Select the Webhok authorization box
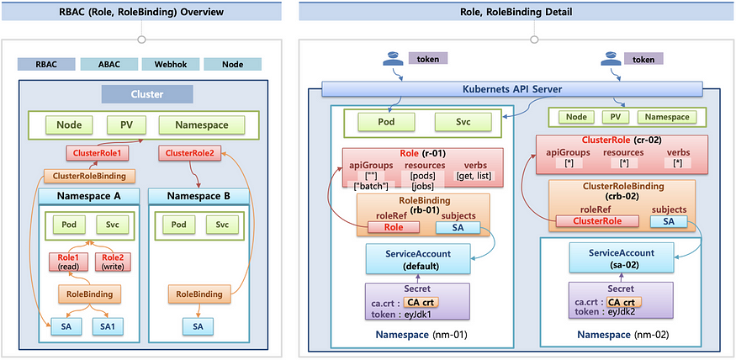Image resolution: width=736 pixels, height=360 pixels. pyautogui.click(x=171, y=64)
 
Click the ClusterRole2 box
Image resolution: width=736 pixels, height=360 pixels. pyautogui.click(x=189, y=153)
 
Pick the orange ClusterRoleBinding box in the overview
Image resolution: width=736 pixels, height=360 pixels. pyautogui.click(x=89, y=176)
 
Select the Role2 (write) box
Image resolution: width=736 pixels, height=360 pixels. pyautogui.click(x=113, y=262)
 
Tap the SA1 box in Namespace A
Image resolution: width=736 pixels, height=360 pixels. pyautogui.click(x=108, y=326)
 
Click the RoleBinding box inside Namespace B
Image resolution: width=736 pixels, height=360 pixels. pyautogui.click(x=199, y=294)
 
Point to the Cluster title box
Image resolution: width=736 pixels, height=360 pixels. pyautogui.click(x=147, y=94)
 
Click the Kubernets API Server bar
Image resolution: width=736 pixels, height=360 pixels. pyautogui.click(x=512, y=88)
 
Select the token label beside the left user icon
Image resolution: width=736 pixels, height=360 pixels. pyautogui.click(x=427, y=58)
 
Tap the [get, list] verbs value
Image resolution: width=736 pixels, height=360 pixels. pyautogui.click(x=472, y=176)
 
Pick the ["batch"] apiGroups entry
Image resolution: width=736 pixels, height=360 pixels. pyautogui.click(x=370, y=187)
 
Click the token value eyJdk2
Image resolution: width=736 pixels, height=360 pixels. pyautogui.click(x=623, y=312)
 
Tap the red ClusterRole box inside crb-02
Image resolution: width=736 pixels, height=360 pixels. pyautogui.click(x=597, y=221)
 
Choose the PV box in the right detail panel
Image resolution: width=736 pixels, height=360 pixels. pyautogui.click(x=616, y=117)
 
